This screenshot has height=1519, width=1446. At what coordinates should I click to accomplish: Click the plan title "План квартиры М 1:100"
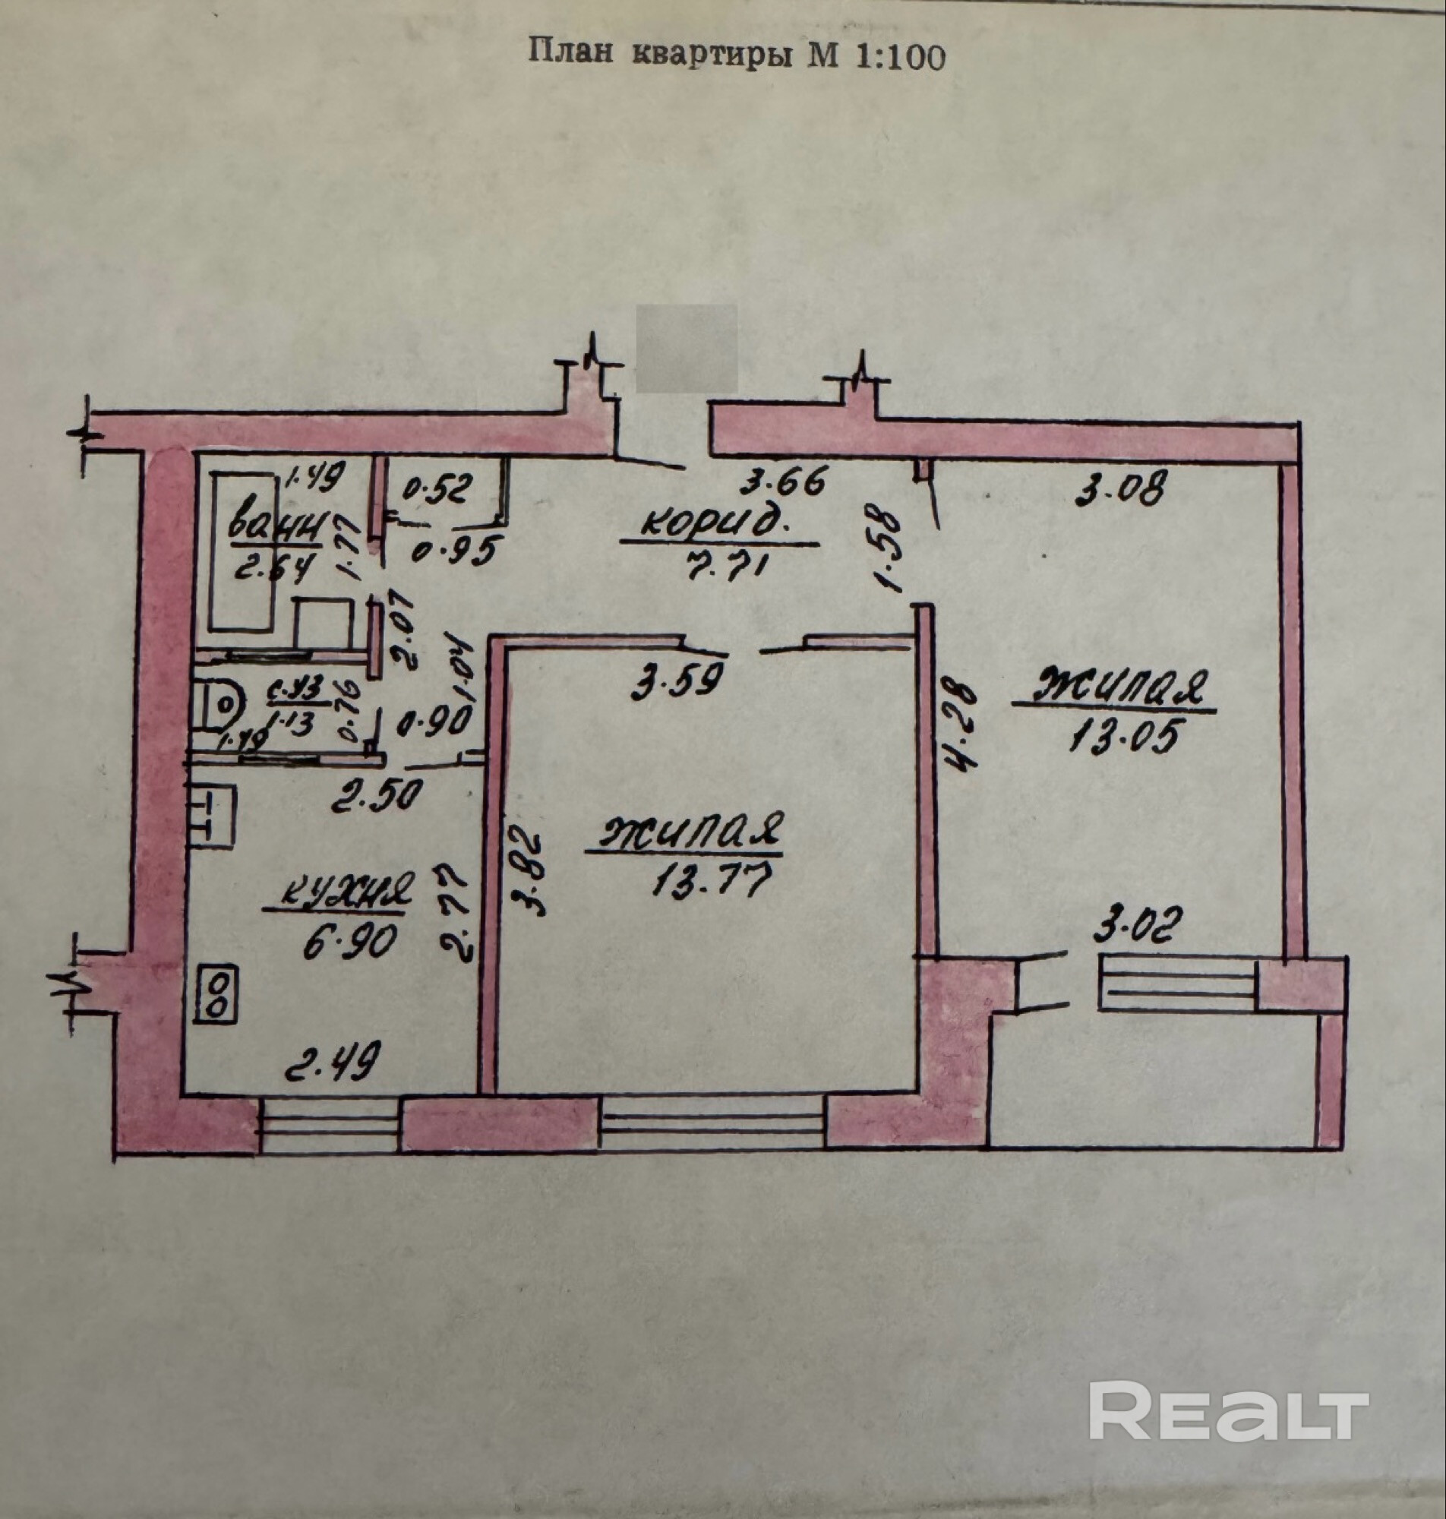736,55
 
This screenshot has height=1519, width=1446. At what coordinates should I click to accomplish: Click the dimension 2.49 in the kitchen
332,1066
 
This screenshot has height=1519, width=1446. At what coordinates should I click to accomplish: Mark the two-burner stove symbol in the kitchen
217,995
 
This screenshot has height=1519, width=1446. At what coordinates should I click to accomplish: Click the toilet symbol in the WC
219,702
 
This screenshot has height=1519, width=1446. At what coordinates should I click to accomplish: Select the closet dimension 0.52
436,490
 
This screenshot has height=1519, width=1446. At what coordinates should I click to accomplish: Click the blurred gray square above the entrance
685,349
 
